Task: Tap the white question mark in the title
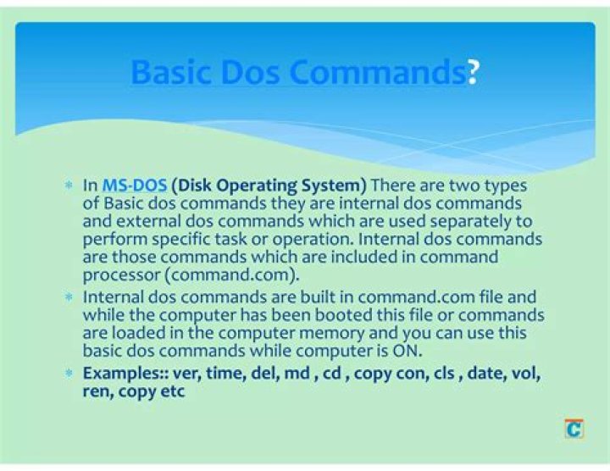tap(473, 72)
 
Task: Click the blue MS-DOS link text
tap(135, 186)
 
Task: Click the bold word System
tap(334, 186)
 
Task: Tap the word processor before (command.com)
tap(122, 276)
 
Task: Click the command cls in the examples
tap(444, 374)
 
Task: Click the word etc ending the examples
tap(172, 391)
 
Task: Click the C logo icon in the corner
tap(574, 429)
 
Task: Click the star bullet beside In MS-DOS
tap(69, 186)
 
